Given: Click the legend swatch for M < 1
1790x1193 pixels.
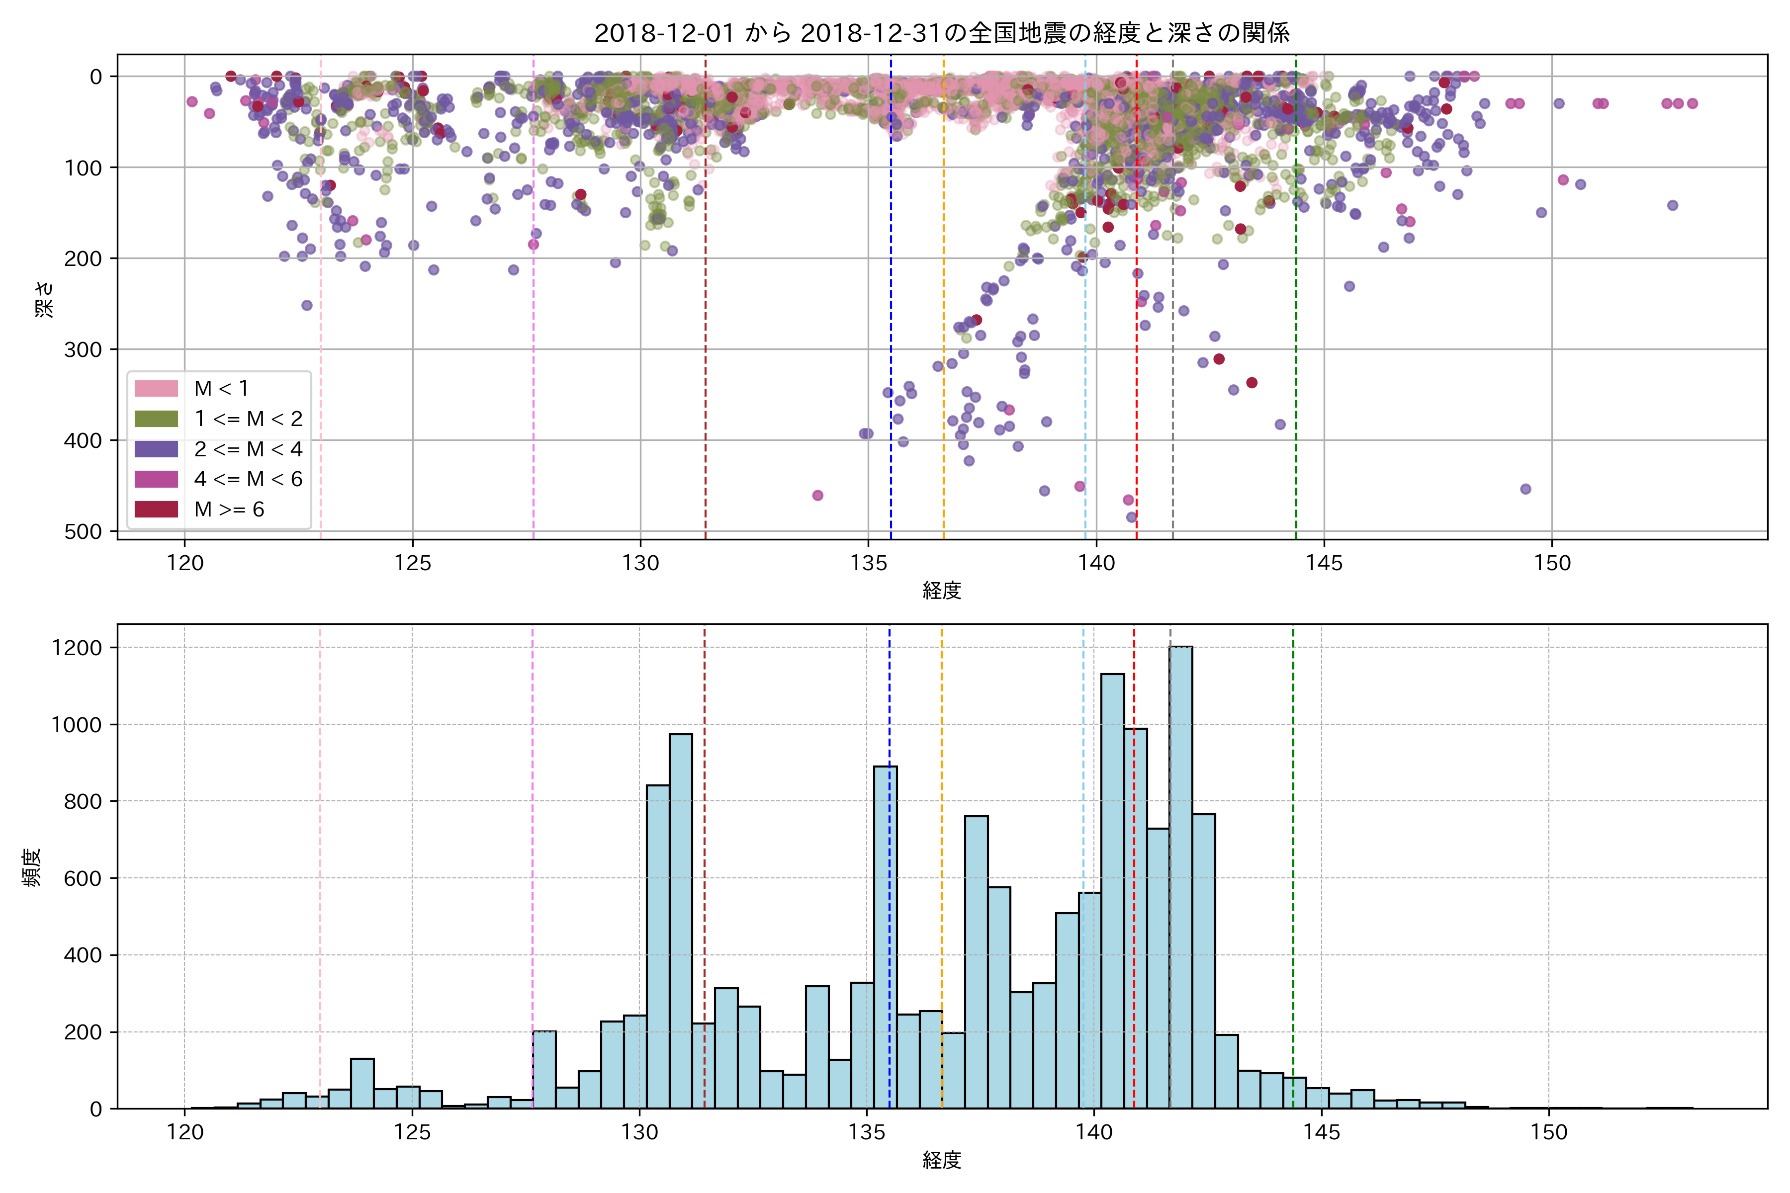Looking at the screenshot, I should pos(156,389).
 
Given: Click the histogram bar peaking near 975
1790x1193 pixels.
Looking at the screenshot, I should pos(680,921).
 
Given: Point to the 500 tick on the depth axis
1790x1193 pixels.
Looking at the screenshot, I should pos(83,532).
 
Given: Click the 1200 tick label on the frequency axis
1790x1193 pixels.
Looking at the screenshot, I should pos(76,648).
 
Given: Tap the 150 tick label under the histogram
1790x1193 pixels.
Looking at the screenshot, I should pos(1549,1132).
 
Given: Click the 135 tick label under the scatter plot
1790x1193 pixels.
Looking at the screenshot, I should pos(868,563).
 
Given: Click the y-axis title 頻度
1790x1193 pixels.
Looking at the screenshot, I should pos(32,867).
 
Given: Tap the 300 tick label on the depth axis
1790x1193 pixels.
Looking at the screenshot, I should pos(83,350).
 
